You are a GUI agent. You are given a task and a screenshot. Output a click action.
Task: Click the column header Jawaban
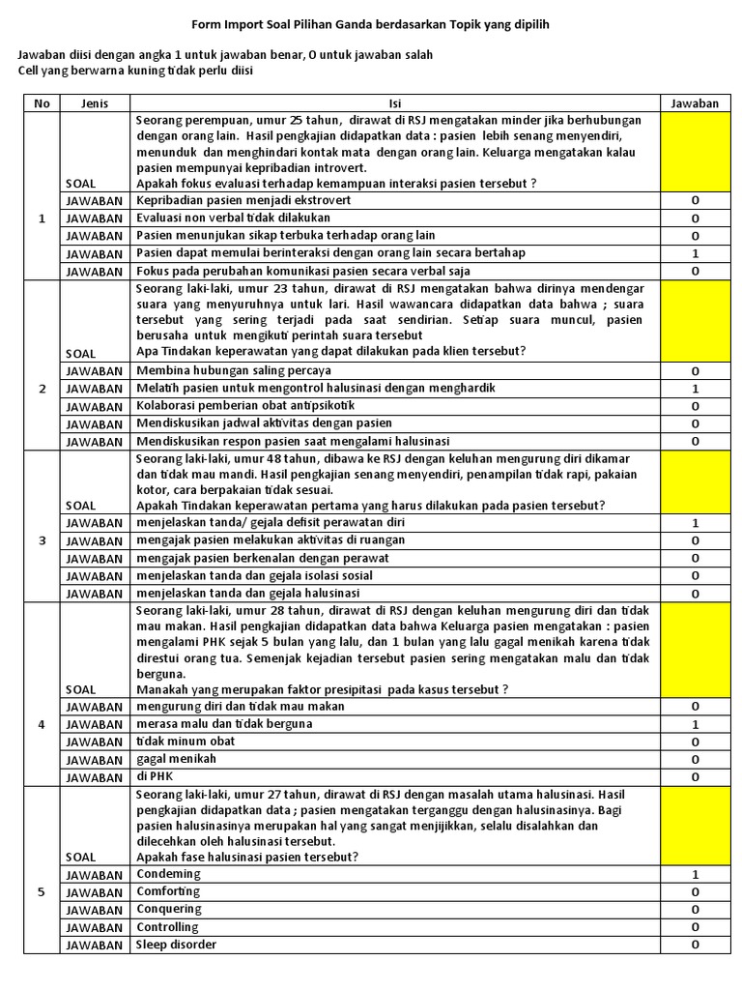(695, 103)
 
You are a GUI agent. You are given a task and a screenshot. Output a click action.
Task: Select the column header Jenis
(95, 103)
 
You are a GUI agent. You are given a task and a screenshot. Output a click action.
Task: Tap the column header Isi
(394, 103)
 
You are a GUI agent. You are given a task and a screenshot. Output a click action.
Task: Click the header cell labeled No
(41, 103)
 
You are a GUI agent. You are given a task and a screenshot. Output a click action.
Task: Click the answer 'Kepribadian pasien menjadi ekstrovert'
(243, 200)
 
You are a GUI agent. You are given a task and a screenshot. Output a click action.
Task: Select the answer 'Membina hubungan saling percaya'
(233, 370)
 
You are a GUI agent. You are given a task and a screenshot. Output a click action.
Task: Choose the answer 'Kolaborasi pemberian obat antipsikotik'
(245, 405)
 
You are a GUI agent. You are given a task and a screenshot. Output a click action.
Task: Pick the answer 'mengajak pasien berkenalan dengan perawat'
(262, 558)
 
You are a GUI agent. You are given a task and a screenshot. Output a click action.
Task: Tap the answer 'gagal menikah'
(176, 759)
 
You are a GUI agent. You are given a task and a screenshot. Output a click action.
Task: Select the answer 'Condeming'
(168, 874)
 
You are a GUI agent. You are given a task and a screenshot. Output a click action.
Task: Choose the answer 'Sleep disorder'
(176, 944)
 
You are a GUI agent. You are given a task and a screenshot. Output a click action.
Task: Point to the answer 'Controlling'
(169, 926)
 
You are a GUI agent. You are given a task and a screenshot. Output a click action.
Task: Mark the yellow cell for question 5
(695, 825)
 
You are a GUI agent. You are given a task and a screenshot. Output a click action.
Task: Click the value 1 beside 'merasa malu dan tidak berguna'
(695, 724)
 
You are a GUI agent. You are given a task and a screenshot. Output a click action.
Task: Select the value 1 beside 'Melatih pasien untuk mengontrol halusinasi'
(695, 388)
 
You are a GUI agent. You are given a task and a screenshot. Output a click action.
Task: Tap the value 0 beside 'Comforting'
(695, 891)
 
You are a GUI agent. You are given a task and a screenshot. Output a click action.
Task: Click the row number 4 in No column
(41, 724)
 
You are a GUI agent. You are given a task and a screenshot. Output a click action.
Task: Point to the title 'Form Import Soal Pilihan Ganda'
(370, 22)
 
